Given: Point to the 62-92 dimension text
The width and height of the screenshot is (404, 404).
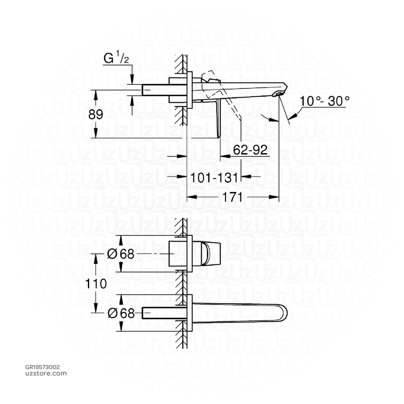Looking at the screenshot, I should (250, 150).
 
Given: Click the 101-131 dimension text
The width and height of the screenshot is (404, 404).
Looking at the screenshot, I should (215, 178).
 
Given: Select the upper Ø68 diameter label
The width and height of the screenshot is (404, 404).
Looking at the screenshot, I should (121, 254).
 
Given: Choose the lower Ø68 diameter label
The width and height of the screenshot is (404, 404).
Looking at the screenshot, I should (121, 313).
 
